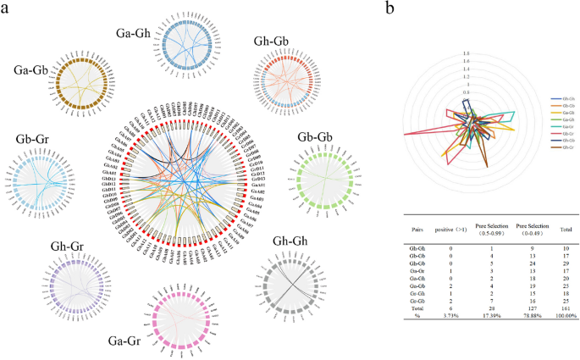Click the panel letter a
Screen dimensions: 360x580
(10, 14)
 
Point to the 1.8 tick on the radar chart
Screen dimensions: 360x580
(466, 53)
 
